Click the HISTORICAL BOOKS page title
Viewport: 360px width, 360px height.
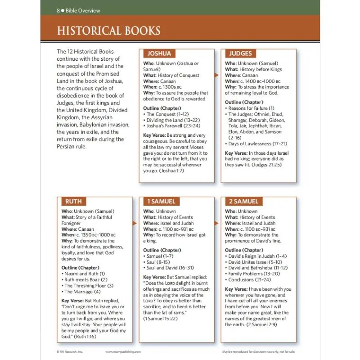[x=108, y=31]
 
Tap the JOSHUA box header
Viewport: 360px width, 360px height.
[x=159, y=54]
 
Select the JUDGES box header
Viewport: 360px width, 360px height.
[x=240, y=54]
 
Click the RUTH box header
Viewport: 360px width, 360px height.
[x=73, y=201]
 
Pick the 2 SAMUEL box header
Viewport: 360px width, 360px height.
[x=243, y=201]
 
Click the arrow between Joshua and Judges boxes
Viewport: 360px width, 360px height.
[x=217, y=75]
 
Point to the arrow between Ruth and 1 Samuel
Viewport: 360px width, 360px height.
[x=135, y=223]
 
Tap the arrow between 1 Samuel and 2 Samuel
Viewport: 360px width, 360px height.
[x=217, y=223]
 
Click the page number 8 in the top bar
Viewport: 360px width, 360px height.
[x=58, y=10]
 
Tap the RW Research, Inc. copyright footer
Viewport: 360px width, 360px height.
[x=71, y=351]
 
